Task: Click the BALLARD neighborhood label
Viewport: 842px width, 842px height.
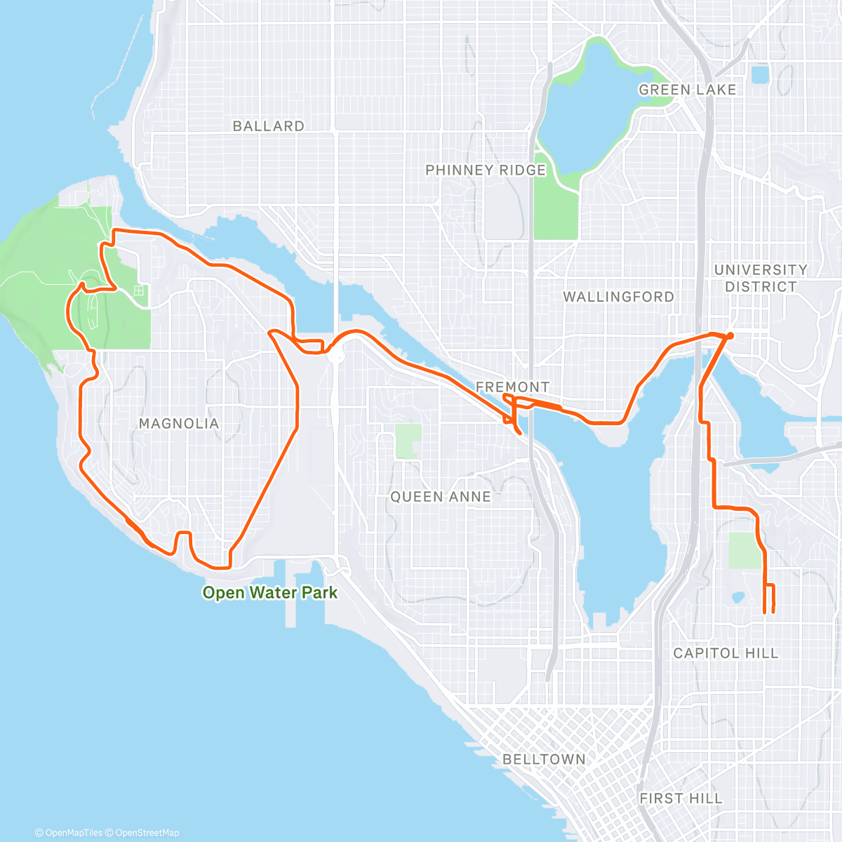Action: pyautogui.click(x=268, y=126)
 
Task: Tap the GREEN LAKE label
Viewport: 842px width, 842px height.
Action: pyautogui.click(x=687, y=90)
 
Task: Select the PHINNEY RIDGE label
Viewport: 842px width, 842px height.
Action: pyautogui.click(x=486, y=171)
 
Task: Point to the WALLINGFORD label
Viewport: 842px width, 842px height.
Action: pyautogui.click(x=618, y=297)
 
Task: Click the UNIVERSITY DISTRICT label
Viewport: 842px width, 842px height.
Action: pyautogui.click(x=761, y=279)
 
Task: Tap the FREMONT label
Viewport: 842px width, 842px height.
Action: pyautogui.click(x=512, y=387)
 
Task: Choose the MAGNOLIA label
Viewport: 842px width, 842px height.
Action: pyautogui.click(x=179, y=424)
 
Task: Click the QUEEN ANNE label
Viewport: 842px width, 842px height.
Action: pyautogui.click(x=441, y=497)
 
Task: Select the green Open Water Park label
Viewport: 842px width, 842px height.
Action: pyautogui.click(x=270, y=593)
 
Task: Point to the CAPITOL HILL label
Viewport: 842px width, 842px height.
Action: pyautogui.click(x=726, y=653)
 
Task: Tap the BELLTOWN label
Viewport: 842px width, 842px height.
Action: pyautogui.click(x=544, y=759)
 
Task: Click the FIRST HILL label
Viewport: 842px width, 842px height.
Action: pyautogui.click(x=681, y=798)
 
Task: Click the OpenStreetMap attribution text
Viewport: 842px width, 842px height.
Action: pyautogui.click(x=147, y=833)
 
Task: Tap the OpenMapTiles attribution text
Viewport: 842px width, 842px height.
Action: pyautogui.click(x=73, y=833)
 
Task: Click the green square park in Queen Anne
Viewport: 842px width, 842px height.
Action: pyautogui.click(x=408, y=441)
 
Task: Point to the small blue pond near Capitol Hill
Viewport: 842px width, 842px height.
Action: pyautogui.click(x=737, y=599)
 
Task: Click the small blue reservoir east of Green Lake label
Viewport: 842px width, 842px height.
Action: pyautogui.click(x=759, y=74)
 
